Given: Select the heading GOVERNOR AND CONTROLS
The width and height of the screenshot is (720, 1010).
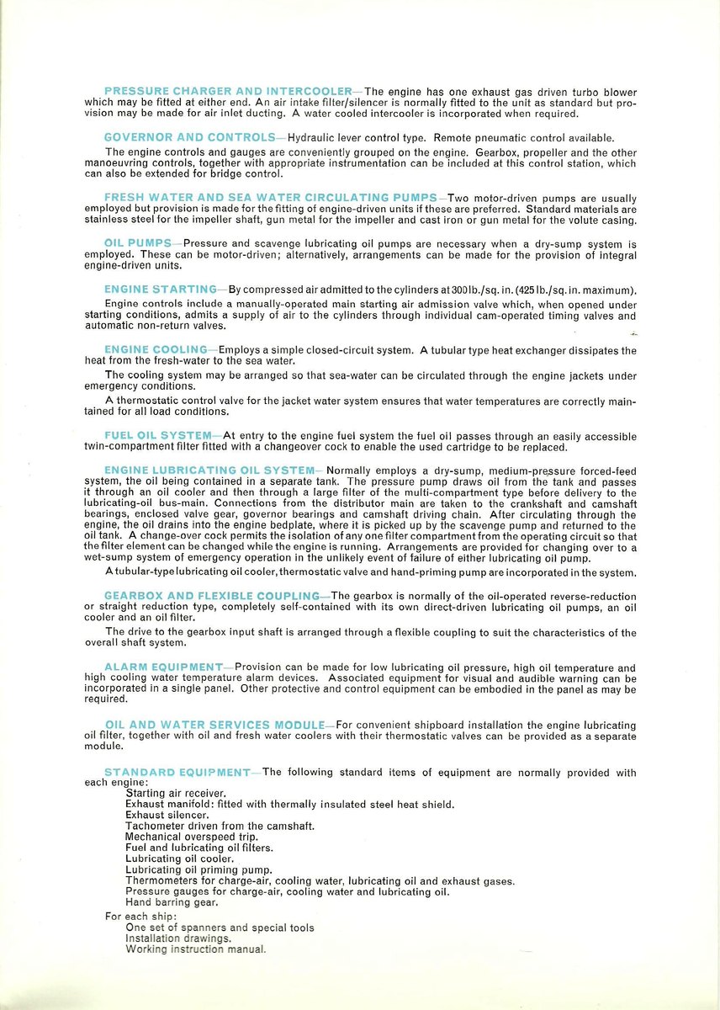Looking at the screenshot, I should coord(189,137).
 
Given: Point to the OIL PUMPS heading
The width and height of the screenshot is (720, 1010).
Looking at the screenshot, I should coord(138,243).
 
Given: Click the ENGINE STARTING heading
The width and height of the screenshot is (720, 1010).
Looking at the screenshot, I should coord(161,290).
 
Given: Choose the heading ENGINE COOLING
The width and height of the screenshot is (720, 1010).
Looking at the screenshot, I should coord(156,349).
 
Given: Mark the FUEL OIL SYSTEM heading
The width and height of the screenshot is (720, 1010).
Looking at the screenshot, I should coord(157,435).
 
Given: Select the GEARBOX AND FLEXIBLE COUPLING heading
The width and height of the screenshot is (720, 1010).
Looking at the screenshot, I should coord(212,596).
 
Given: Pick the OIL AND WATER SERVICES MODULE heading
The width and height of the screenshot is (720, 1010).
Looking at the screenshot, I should coord(214,725).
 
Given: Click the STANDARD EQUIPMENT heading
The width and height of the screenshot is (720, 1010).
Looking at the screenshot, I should coord(177,773).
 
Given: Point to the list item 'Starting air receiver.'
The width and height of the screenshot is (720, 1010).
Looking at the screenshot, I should coord(175,793).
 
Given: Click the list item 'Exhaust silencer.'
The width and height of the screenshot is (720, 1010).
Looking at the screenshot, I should coord(167,815).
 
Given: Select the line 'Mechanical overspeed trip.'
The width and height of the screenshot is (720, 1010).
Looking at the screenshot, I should coord(192,837).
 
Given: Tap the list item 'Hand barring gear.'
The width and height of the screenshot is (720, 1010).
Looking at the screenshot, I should coord(172,902).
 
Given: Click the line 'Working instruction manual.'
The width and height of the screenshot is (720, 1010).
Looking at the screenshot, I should coord(195,949).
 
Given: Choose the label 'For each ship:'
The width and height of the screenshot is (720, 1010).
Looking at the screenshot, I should coord(140,916).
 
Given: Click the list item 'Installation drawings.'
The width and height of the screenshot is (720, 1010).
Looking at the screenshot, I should coord(177,938).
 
